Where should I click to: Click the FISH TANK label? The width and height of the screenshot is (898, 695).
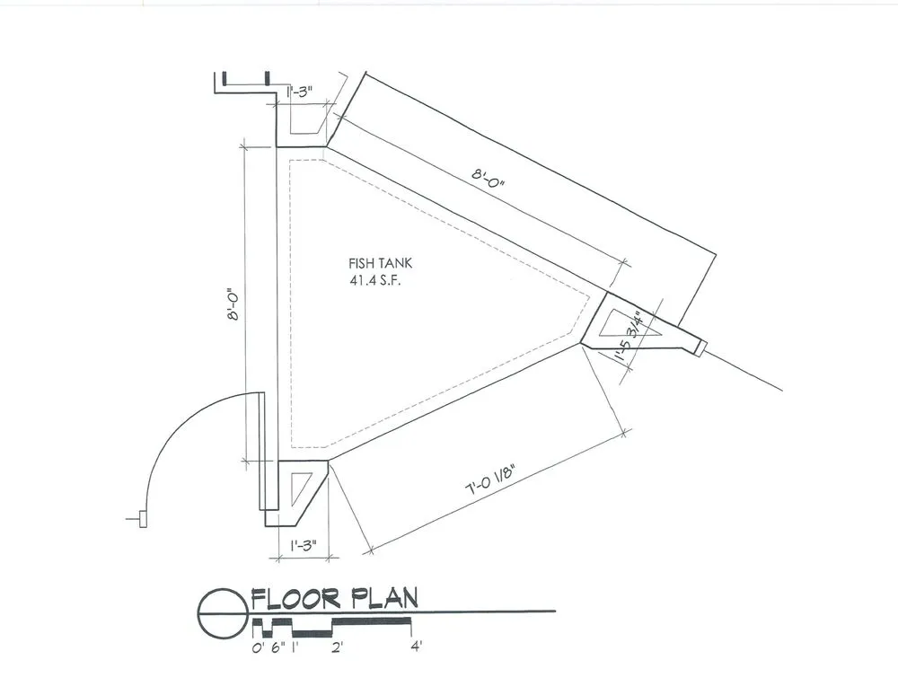click(380, 263)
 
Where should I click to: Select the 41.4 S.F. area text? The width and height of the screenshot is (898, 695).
click(376, 280)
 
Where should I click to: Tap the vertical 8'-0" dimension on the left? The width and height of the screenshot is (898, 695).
click(233, 304)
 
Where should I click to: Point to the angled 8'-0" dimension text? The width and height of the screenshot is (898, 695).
click(489, 178)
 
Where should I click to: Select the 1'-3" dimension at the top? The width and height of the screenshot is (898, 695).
click(300, 92)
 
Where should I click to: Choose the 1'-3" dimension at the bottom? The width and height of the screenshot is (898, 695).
click(304, 545)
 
